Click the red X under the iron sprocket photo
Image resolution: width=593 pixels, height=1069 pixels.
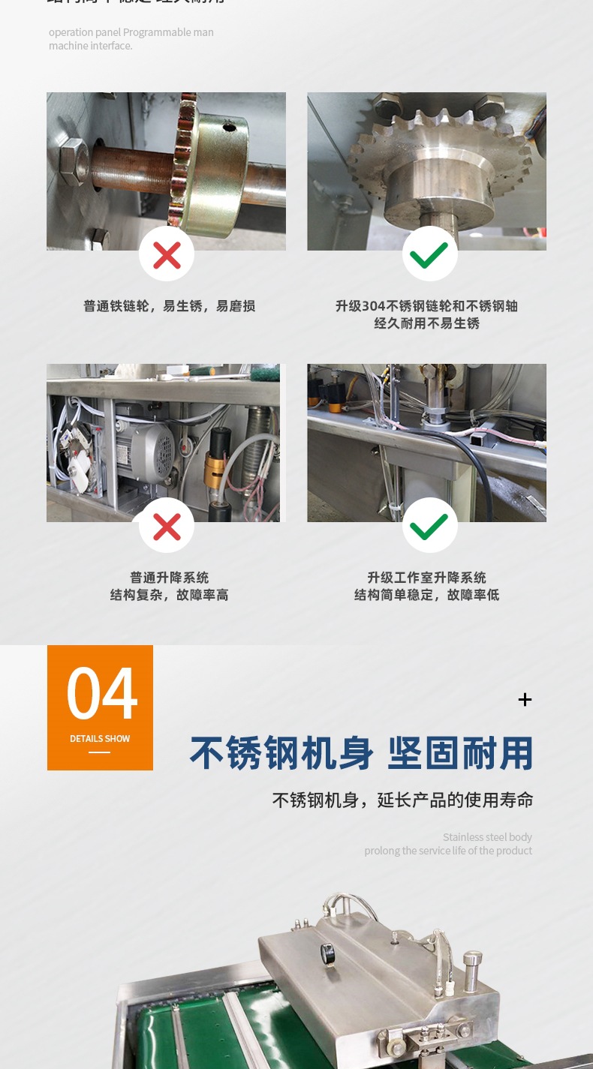(167, 254)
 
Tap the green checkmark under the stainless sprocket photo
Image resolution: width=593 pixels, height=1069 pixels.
(429, 254)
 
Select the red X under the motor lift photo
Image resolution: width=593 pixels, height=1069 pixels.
(167, 526)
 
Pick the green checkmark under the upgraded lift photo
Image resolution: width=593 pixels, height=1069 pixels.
(429, 526)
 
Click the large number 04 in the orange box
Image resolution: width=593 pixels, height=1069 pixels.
(101, 692)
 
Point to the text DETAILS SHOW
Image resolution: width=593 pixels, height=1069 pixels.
(100, 739)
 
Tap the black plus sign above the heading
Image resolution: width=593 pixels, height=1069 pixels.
(525, 700)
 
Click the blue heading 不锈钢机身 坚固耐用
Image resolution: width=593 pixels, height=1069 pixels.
(362, 754)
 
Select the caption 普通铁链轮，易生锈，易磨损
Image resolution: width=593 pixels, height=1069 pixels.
(169, 306)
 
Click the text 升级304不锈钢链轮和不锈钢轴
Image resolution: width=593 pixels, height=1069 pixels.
(426, 306)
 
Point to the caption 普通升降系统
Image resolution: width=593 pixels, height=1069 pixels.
(169, 578)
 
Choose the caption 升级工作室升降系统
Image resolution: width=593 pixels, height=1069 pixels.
(426, 578)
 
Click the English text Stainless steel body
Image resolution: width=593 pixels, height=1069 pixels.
(487, 837)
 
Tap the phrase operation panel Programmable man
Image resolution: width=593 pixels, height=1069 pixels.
(131, 32)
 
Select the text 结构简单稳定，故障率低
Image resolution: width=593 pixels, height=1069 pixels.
(426, 595)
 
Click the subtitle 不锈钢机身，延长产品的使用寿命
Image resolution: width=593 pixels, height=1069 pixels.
(402, 800)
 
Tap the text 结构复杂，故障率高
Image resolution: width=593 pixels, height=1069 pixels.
(169, 595)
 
